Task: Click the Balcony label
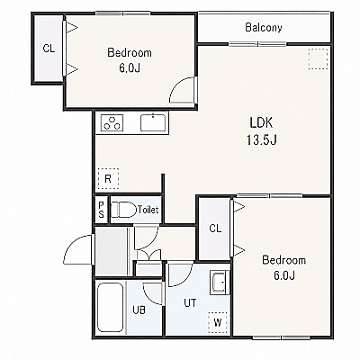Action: point(264,28)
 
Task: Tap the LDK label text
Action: point(261,122)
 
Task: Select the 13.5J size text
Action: point(261,139)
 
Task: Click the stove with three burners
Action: point(112,122)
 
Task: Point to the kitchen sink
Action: point(153,122)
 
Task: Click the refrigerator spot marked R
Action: point(108,179)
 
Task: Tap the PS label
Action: point(102,210)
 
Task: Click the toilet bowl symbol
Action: point(123,210)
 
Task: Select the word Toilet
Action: point(148,210)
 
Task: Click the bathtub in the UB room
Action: point(110,307)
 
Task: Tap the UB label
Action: point(139,310)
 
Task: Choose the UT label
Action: point(190,303)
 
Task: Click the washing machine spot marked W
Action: point(218,323)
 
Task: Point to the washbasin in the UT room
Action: point(220,283)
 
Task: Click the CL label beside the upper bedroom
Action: point(49,49)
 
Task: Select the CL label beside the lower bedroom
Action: point(215,229)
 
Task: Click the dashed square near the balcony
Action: point(318,58)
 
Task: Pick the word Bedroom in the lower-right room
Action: point(283,260)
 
